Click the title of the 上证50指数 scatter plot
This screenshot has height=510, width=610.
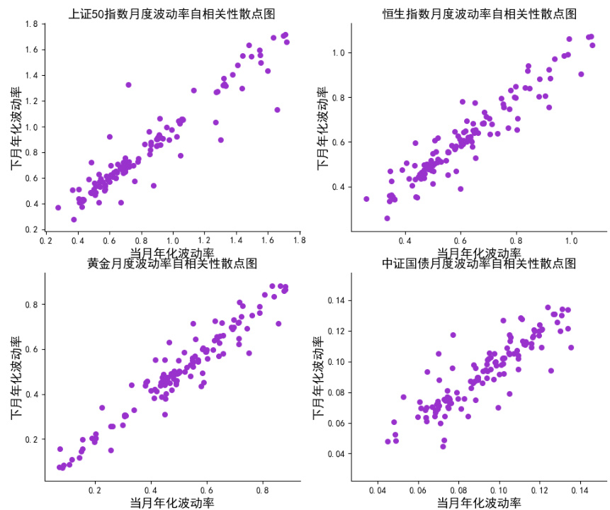(172, 14)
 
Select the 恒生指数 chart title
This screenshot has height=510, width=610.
(479, 14)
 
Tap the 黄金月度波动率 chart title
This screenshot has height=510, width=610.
(172, 263)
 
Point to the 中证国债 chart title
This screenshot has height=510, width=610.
(479, 263)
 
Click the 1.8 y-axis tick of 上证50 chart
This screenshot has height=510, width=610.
(31, 24)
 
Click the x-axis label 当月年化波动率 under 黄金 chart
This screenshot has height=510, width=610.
(172, 502)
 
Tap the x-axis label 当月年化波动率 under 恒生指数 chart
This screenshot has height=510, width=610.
(479, 252)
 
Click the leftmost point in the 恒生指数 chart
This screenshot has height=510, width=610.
(366, 199)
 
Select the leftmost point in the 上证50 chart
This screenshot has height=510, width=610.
(58, 208)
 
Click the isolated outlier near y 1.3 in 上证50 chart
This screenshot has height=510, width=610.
(128, 85)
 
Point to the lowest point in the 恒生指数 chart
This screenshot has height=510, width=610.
(387, 218)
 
